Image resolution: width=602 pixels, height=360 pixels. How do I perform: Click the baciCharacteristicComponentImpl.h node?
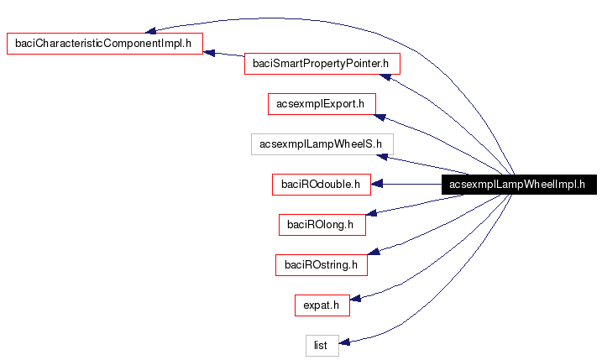[x=105, y=44]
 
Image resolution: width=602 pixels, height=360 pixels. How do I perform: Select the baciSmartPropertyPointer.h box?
[x=321, y=64]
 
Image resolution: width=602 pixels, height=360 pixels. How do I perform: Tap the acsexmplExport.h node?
[x=321, y=104]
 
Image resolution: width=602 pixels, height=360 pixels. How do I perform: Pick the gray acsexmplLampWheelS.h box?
[x=321, y=144]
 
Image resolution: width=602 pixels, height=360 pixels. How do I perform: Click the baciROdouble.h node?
[x=321, y=185]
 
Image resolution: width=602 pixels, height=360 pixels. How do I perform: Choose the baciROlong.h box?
[x=321, y=225]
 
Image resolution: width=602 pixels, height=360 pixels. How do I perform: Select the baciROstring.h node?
[x=321, y=265]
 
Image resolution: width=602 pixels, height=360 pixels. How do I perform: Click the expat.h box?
[x=321, y=305]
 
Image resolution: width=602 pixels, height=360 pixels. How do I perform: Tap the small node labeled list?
[x=321, y=345]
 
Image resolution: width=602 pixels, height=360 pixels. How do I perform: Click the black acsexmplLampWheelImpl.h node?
[x=518, y=185]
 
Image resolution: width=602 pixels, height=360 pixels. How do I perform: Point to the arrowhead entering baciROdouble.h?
[x=377, y=185]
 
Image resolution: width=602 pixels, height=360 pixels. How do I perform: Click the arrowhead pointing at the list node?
[x=345, y=342]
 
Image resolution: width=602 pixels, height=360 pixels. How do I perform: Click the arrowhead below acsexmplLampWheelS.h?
[x=382, y=157]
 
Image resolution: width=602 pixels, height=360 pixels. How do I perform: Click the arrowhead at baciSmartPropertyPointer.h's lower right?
[x=384, y=78]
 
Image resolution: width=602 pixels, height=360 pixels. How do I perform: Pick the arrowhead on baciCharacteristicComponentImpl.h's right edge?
[x=210, y=53]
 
